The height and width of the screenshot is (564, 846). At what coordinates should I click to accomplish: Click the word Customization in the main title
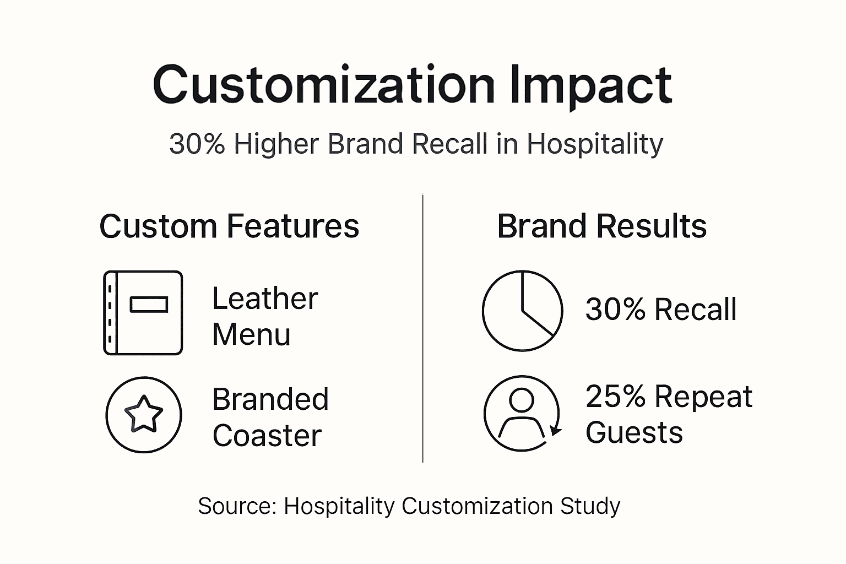(324, 85)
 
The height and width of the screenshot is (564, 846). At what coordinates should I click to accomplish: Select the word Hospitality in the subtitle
(595, 145)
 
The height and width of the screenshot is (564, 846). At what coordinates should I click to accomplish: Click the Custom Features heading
(229, 226)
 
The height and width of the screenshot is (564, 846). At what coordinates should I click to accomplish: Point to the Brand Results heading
(601, 226)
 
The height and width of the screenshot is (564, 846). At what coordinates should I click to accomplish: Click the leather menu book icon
(143, 312)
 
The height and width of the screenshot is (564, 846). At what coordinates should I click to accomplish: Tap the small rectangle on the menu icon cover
(149, 305)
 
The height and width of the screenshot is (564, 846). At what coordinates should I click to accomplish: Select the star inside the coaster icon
(144, 414)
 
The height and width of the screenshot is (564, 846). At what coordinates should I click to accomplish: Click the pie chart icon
(522, 311)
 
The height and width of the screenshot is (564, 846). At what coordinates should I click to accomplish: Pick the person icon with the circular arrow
(522, 413)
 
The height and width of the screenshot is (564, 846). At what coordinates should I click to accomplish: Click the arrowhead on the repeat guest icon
(556, 430)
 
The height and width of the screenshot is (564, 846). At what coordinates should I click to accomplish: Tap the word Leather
(265, 299)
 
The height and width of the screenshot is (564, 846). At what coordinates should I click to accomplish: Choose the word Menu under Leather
(251, 335)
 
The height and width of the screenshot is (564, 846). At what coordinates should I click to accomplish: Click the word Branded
(270, 399)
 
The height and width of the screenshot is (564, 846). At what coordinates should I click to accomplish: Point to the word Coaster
(267, 436)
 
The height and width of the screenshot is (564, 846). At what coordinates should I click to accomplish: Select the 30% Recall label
(661, 310)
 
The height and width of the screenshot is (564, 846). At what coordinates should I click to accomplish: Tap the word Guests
(634, 432)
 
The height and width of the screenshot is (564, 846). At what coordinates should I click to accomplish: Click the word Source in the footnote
(236, 506)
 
